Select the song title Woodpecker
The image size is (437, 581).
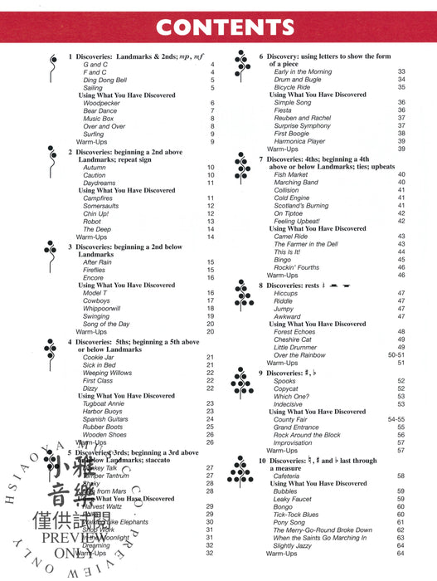100,103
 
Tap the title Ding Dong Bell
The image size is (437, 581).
105,80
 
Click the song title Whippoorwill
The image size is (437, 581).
102,308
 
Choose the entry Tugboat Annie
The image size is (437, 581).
104,403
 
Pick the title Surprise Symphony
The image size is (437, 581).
303,125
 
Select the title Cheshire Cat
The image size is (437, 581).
293,339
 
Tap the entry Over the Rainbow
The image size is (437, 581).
299,355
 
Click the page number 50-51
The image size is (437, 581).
396,355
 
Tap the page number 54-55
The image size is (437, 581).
396,419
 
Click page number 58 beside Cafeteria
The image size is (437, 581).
401,476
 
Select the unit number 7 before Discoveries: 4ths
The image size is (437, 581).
261,158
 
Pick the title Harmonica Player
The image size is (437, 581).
300,141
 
